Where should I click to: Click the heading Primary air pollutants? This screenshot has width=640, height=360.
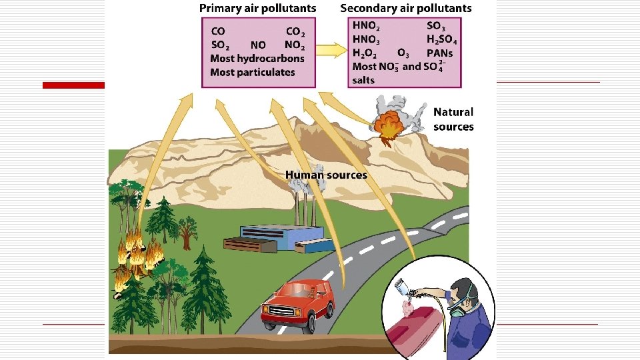pyautogui.click(x=257, y=9)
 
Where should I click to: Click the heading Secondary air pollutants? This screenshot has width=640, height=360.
pyautogui.click(x=405, y=9)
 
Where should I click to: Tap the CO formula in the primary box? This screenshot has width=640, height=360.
pyautogui.click(x=218, y=31)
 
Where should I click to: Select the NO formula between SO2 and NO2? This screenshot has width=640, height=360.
pyautogui.click(x=259, y=45)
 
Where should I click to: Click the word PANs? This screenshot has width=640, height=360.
pyautogui.click(x=440, y=53)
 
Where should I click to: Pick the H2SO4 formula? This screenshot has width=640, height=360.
pyautogui.click(x=441, y=39)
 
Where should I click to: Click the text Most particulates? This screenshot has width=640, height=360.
pyautogui.click(x=252, y=72)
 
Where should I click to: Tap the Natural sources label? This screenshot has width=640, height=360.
pyautogui.click(x=453, y=119)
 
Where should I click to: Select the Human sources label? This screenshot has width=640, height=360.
pyautogui.click(x=326, y=175)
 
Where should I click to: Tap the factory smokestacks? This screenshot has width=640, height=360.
pyautogui.click(x=303, y=206)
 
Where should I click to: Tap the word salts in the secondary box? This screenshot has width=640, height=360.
pyautogui.click(x=363, y=80)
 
